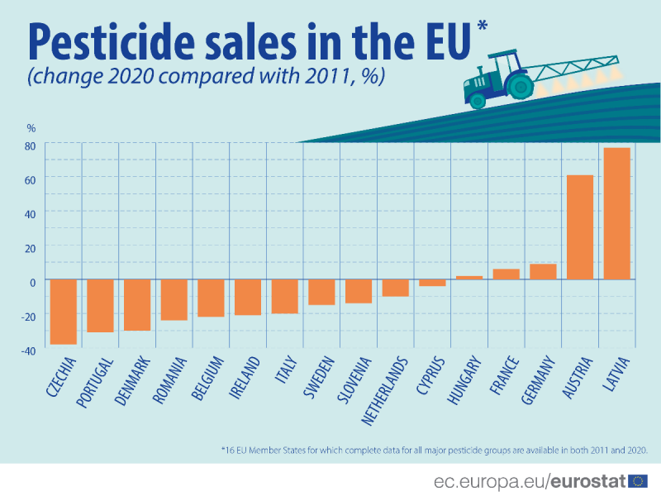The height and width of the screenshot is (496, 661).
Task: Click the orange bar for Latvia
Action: [x=616, y=213]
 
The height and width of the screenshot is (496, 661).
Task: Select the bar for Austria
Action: [x=579, y=227]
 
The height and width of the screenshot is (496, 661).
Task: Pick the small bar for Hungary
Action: [x=469, y=277]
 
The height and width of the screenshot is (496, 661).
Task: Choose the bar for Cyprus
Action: [x=432, y=282]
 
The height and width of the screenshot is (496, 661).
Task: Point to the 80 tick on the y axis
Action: [x=30, y=145]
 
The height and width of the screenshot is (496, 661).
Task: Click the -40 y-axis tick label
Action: [x=28, y=351]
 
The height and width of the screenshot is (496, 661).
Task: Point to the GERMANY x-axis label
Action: [x=537, y=381]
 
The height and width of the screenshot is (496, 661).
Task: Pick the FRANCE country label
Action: [x=503, y=376]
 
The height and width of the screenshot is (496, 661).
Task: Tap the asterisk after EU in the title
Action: [x=483, y=26]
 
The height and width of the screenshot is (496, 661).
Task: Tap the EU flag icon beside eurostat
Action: [x=638, y=481]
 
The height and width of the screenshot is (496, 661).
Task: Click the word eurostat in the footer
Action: [x=588, y=481]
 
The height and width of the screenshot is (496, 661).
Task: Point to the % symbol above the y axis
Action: [x=31, y=128]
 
